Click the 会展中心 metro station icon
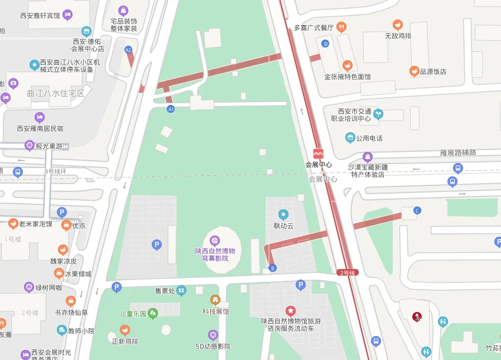319,153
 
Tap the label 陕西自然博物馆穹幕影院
215,255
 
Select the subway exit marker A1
171,109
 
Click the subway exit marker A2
128,50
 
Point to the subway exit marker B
272,268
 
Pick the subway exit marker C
417,210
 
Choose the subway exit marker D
326,44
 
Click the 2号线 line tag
346,272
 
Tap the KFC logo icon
415,317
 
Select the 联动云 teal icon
283,214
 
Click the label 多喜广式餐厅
314,27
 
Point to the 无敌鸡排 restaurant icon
398,25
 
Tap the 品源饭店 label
433,71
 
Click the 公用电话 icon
350,137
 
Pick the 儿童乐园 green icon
152,314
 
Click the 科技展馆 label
215,311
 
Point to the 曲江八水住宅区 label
56,93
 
